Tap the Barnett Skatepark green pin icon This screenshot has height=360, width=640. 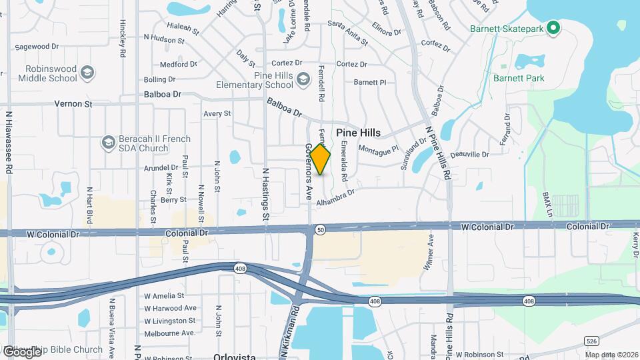pos(552,28)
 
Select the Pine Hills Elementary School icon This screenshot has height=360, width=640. pos(304,80)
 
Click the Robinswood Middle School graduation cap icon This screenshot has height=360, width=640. pos(87,71)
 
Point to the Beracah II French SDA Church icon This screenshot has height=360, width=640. pos(108,143)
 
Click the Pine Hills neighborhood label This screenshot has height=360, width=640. pos(358,133)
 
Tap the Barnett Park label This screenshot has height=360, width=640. pos(519,78)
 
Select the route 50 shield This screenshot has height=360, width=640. pos(321,229)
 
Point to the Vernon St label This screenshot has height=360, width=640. pos(73,105)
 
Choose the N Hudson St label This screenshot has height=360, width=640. pos(163,40)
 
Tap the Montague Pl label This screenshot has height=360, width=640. pos(379,149)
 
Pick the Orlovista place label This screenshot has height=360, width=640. pos(235,357)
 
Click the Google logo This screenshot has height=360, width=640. pos(22,351)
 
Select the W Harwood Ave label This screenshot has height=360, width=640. pos(171,308)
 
